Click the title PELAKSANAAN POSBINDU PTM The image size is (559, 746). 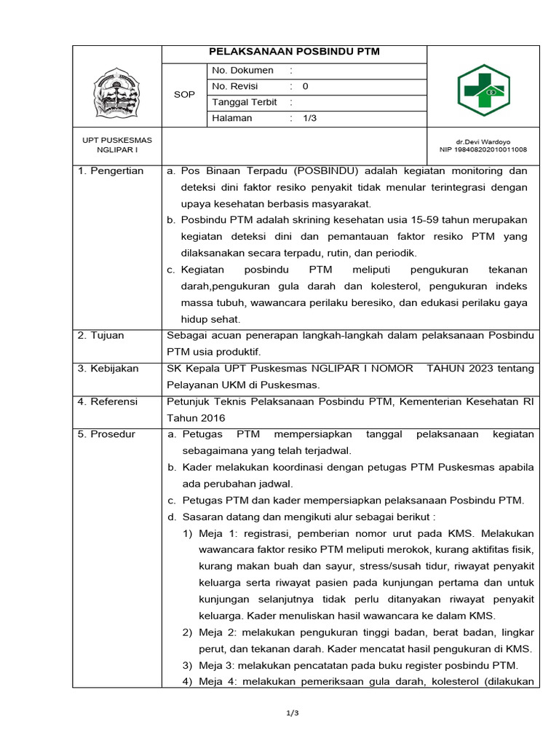(294, 52)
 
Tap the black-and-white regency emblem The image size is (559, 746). (116, 90)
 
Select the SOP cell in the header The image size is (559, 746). (184, 95)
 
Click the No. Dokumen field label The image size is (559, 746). (243, 71)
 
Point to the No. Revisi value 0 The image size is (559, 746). (305, 87)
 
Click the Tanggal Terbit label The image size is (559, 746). (245, 103)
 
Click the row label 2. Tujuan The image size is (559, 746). (101, 336)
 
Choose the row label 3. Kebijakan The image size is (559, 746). (108, 369)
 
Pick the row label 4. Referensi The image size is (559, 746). (108, 401)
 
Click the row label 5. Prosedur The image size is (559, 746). (106, 434)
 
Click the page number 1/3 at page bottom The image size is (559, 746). (293, 712)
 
